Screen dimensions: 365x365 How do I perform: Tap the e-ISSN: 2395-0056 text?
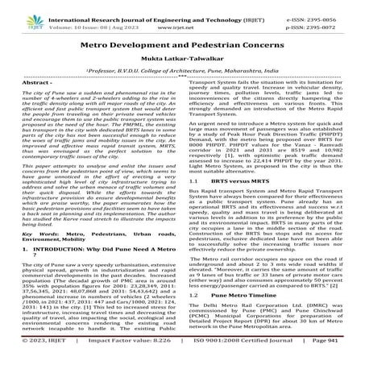click(322, 8)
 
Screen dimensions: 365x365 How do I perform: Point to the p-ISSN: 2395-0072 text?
click(322, 18)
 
